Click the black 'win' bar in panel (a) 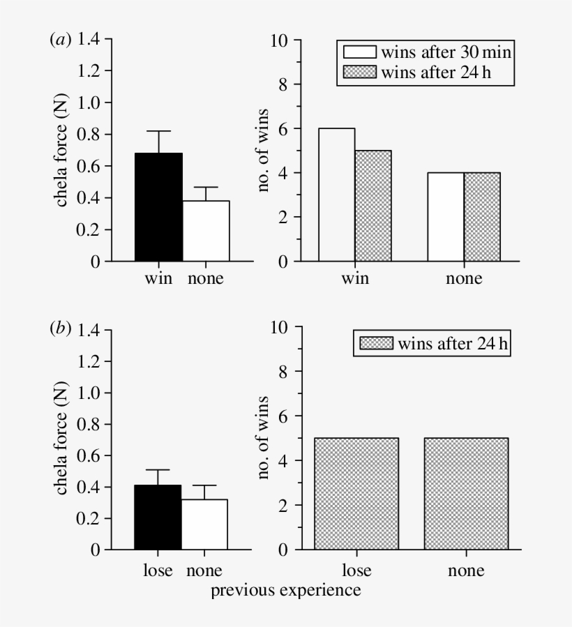(158, 207)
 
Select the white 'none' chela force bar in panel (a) (205, 231)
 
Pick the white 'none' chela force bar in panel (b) (205, 524)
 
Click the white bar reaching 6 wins (337, 195)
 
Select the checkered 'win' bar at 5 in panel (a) (373, 206)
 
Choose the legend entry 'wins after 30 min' (428, 52)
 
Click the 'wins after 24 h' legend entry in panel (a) (428, 72)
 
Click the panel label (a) (60, 40)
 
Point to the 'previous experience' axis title (286, 591)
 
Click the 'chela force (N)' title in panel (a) (61, 151)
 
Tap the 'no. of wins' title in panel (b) (264, 439)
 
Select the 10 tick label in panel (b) (280, 328)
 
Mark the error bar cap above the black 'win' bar (158, 131)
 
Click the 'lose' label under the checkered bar (356, 570)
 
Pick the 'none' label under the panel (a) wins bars (464, 280)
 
